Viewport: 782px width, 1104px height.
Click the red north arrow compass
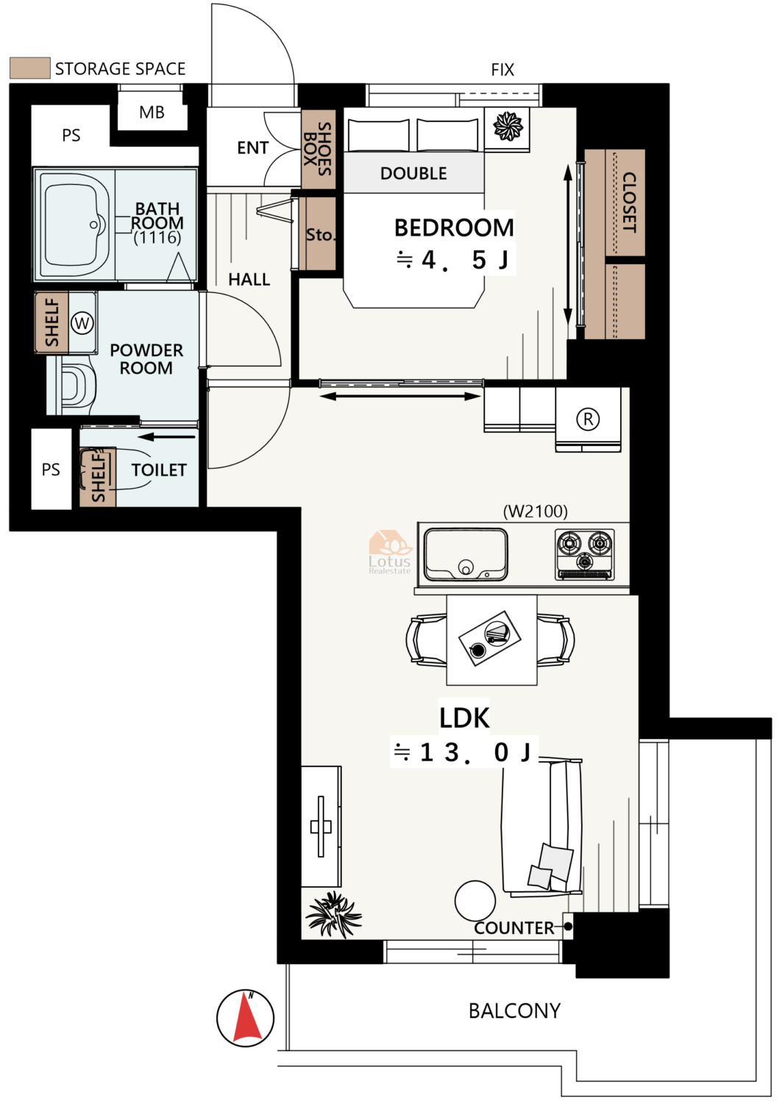[245, 1019]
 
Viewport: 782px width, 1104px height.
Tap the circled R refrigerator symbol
[588, 420]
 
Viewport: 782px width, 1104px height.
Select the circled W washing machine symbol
[82, 323]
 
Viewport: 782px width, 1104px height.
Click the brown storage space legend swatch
[30, 68]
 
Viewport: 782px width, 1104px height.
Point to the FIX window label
[502, 70]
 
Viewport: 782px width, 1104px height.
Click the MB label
[152, 113]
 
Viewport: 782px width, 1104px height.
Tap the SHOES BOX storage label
[317, 149]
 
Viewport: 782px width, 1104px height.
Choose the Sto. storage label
[320, 235]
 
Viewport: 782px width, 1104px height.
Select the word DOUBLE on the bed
[413, 174]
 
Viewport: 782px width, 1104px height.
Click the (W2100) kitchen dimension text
[535, 511]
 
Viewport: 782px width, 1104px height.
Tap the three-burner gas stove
[584, 554]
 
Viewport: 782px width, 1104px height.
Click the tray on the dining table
[490, 638]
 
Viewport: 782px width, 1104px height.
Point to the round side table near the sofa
[475, 901]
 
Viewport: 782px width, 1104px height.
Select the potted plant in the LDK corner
[333, 914]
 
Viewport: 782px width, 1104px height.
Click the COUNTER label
[514, 928]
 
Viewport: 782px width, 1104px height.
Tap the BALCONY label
[514, 1011]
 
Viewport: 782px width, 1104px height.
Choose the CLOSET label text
[629, 202]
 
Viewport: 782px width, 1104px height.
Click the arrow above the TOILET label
[166, 436]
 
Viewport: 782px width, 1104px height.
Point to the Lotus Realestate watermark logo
[390, 552]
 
